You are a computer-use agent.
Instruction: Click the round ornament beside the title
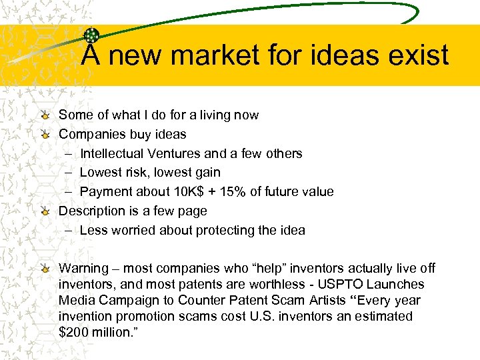92,36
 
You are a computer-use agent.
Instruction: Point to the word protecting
226,231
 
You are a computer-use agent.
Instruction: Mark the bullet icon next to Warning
44,269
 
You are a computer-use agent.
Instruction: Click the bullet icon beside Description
44,211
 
